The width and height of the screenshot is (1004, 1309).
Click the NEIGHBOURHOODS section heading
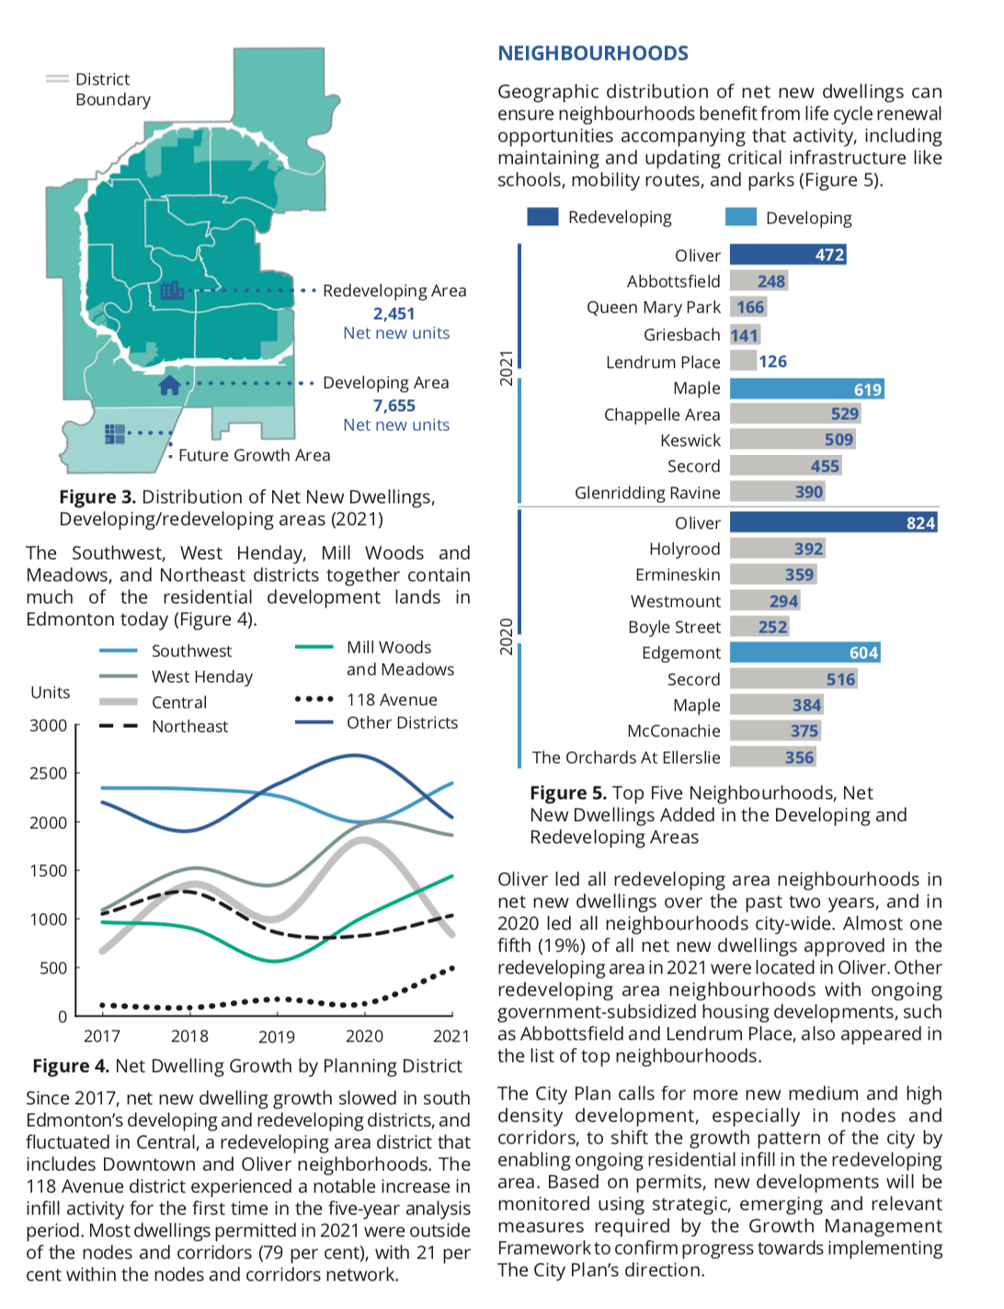[x=593, y=53]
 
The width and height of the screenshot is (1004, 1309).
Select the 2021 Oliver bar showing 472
[x=788, y=255]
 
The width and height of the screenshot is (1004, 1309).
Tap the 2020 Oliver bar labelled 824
[x=834, y=522]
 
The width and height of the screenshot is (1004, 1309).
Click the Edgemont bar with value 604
[x=805, y=653]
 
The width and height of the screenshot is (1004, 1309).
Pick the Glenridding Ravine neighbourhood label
[x=647, y=493]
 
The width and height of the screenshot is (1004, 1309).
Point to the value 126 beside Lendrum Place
[x=772, y=361]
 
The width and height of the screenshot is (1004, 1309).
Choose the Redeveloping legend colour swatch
[x=542, y=217]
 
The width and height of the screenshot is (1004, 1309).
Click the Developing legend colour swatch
[x=741, y=217]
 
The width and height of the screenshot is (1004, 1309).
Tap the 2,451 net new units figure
[x=394, y=313]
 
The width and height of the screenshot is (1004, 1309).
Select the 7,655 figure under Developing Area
[x=394, y=405]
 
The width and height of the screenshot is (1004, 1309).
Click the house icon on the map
[x=170, y=385]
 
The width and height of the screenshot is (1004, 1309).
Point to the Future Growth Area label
[x=254, y=455]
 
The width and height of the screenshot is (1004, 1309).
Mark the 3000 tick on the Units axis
[x=48, y=725]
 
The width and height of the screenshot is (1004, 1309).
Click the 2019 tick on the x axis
[x=277, y=1037]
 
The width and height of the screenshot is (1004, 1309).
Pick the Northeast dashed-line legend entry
[x=164, y=726]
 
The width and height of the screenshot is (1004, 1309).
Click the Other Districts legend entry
[x=376, y=723]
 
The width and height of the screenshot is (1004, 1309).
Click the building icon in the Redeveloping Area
[x=172, y=290]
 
